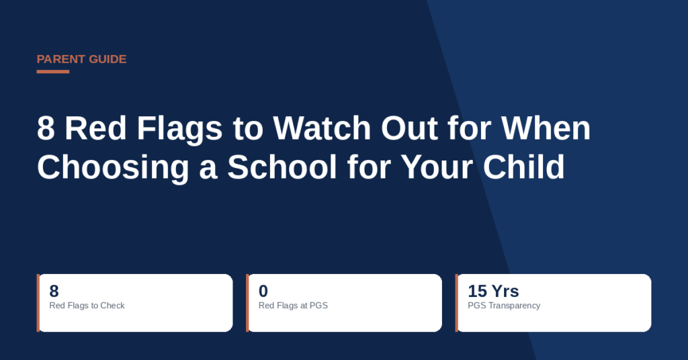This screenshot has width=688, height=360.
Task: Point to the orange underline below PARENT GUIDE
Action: pyautogui.click(x=53, y=71)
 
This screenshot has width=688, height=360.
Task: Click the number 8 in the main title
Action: pyautogui.click(x=46, y=128)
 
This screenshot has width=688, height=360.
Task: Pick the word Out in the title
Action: pyautogui.click(x=409, y=128)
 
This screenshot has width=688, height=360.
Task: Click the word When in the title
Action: pyautogui.click(x=546, y=128)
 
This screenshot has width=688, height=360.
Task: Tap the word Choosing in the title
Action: pyautogui.click(x=113, y=168)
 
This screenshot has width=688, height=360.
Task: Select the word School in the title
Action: pyautogui.click(x=282, y=167)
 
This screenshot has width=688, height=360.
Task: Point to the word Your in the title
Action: pyautogui.click(x=437, y=167)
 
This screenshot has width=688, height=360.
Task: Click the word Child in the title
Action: pyautogui.click(x=523, y=167)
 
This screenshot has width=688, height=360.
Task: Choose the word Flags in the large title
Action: pyautogui.click(x=179, y=129)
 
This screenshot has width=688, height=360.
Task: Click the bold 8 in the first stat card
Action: pyautogui.click(x=54, y=291)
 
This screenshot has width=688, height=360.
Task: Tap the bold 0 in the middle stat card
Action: pyautogui.click(x=263, y=291)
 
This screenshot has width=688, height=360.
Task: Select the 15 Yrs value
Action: pyautogui.click(x=493, y=291)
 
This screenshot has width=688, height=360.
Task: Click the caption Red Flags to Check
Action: pyautogui.click(x=87, y=306)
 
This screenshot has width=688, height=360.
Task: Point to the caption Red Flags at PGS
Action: pyautogui.click(x=293, y=306)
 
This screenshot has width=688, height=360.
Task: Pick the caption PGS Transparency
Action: pyautogui.click(x=504, y=306)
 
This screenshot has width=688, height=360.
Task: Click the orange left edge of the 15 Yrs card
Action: pyautogui.click(x=457, y=303)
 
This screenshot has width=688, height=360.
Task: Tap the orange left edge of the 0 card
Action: pyautogui.click(x=247, y=303)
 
